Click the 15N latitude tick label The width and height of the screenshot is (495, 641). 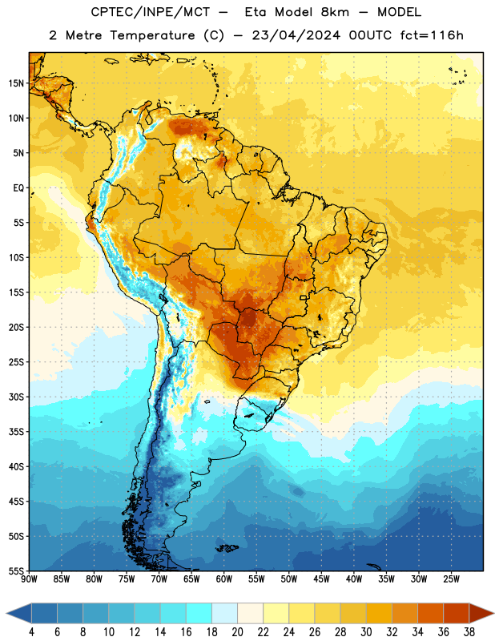[x=16, y=83]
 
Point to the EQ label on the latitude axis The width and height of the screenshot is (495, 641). [x=18, y=188]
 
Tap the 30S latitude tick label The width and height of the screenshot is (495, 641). [x=16, y=397]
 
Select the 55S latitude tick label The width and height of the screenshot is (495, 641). [x=16, y=570]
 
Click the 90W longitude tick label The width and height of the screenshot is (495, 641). [x=29, y=579]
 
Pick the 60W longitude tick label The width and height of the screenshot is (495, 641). [x=224, y=579]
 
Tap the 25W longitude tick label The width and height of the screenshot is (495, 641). [x=451, y=579]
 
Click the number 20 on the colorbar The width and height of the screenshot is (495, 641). [x=237, y=632]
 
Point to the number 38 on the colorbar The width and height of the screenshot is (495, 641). [x=469, y=632]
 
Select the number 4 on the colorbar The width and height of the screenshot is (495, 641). [x=31, y=632]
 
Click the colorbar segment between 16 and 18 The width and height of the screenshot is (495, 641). [x=199, y=613]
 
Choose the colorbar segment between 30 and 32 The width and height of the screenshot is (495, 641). [x=379, y=613]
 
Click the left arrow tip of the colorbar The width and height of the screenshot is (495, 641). [x=6, y=613]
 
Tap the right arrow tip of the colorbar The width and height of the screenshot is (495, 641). [x=493, y=613]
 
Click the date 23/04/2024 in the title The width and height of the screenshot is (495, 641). [x=296, y=35]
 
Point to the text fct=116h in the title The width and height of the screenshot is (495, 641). [x=432, y=35]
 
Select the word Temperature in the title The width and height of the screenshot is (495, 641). [x=152, y=36]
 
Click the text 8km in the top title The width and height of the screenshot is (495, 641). [x=335, y=12]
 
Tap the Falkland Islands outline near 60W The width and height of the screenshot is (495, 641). [x=227, y=548]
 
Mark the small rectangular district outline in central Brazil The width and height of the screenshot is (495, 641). [x=304, y=298]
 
